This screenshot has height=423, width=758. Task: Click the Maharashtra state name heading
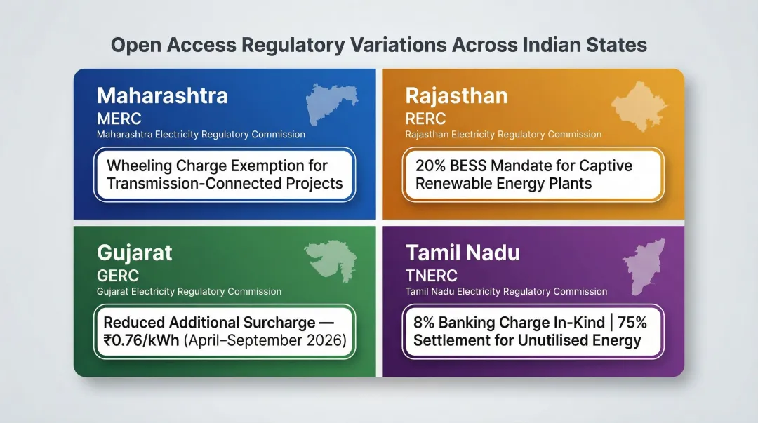pos(162,95)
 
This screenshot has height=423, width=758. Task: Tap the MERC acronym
pos(119,119)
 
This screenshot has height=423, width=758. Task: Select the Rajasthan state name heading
pos(456,95)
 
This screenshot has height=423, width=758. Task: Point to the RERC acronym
pos(425,119)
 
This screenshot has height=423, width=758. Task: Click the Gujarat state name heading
pos(135,253)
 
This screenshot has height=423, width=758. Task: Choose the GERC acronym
pos(118,276)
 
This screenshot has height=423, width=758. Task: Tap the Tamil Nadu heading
pos(463,253)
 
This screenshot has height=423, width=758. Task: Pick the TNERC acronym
pos(432,276)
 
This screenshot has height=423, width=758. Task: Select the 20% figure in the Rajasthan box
pos(430,166)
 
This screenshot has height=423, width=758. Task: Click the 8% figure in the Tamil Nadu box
pos(424,323)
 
